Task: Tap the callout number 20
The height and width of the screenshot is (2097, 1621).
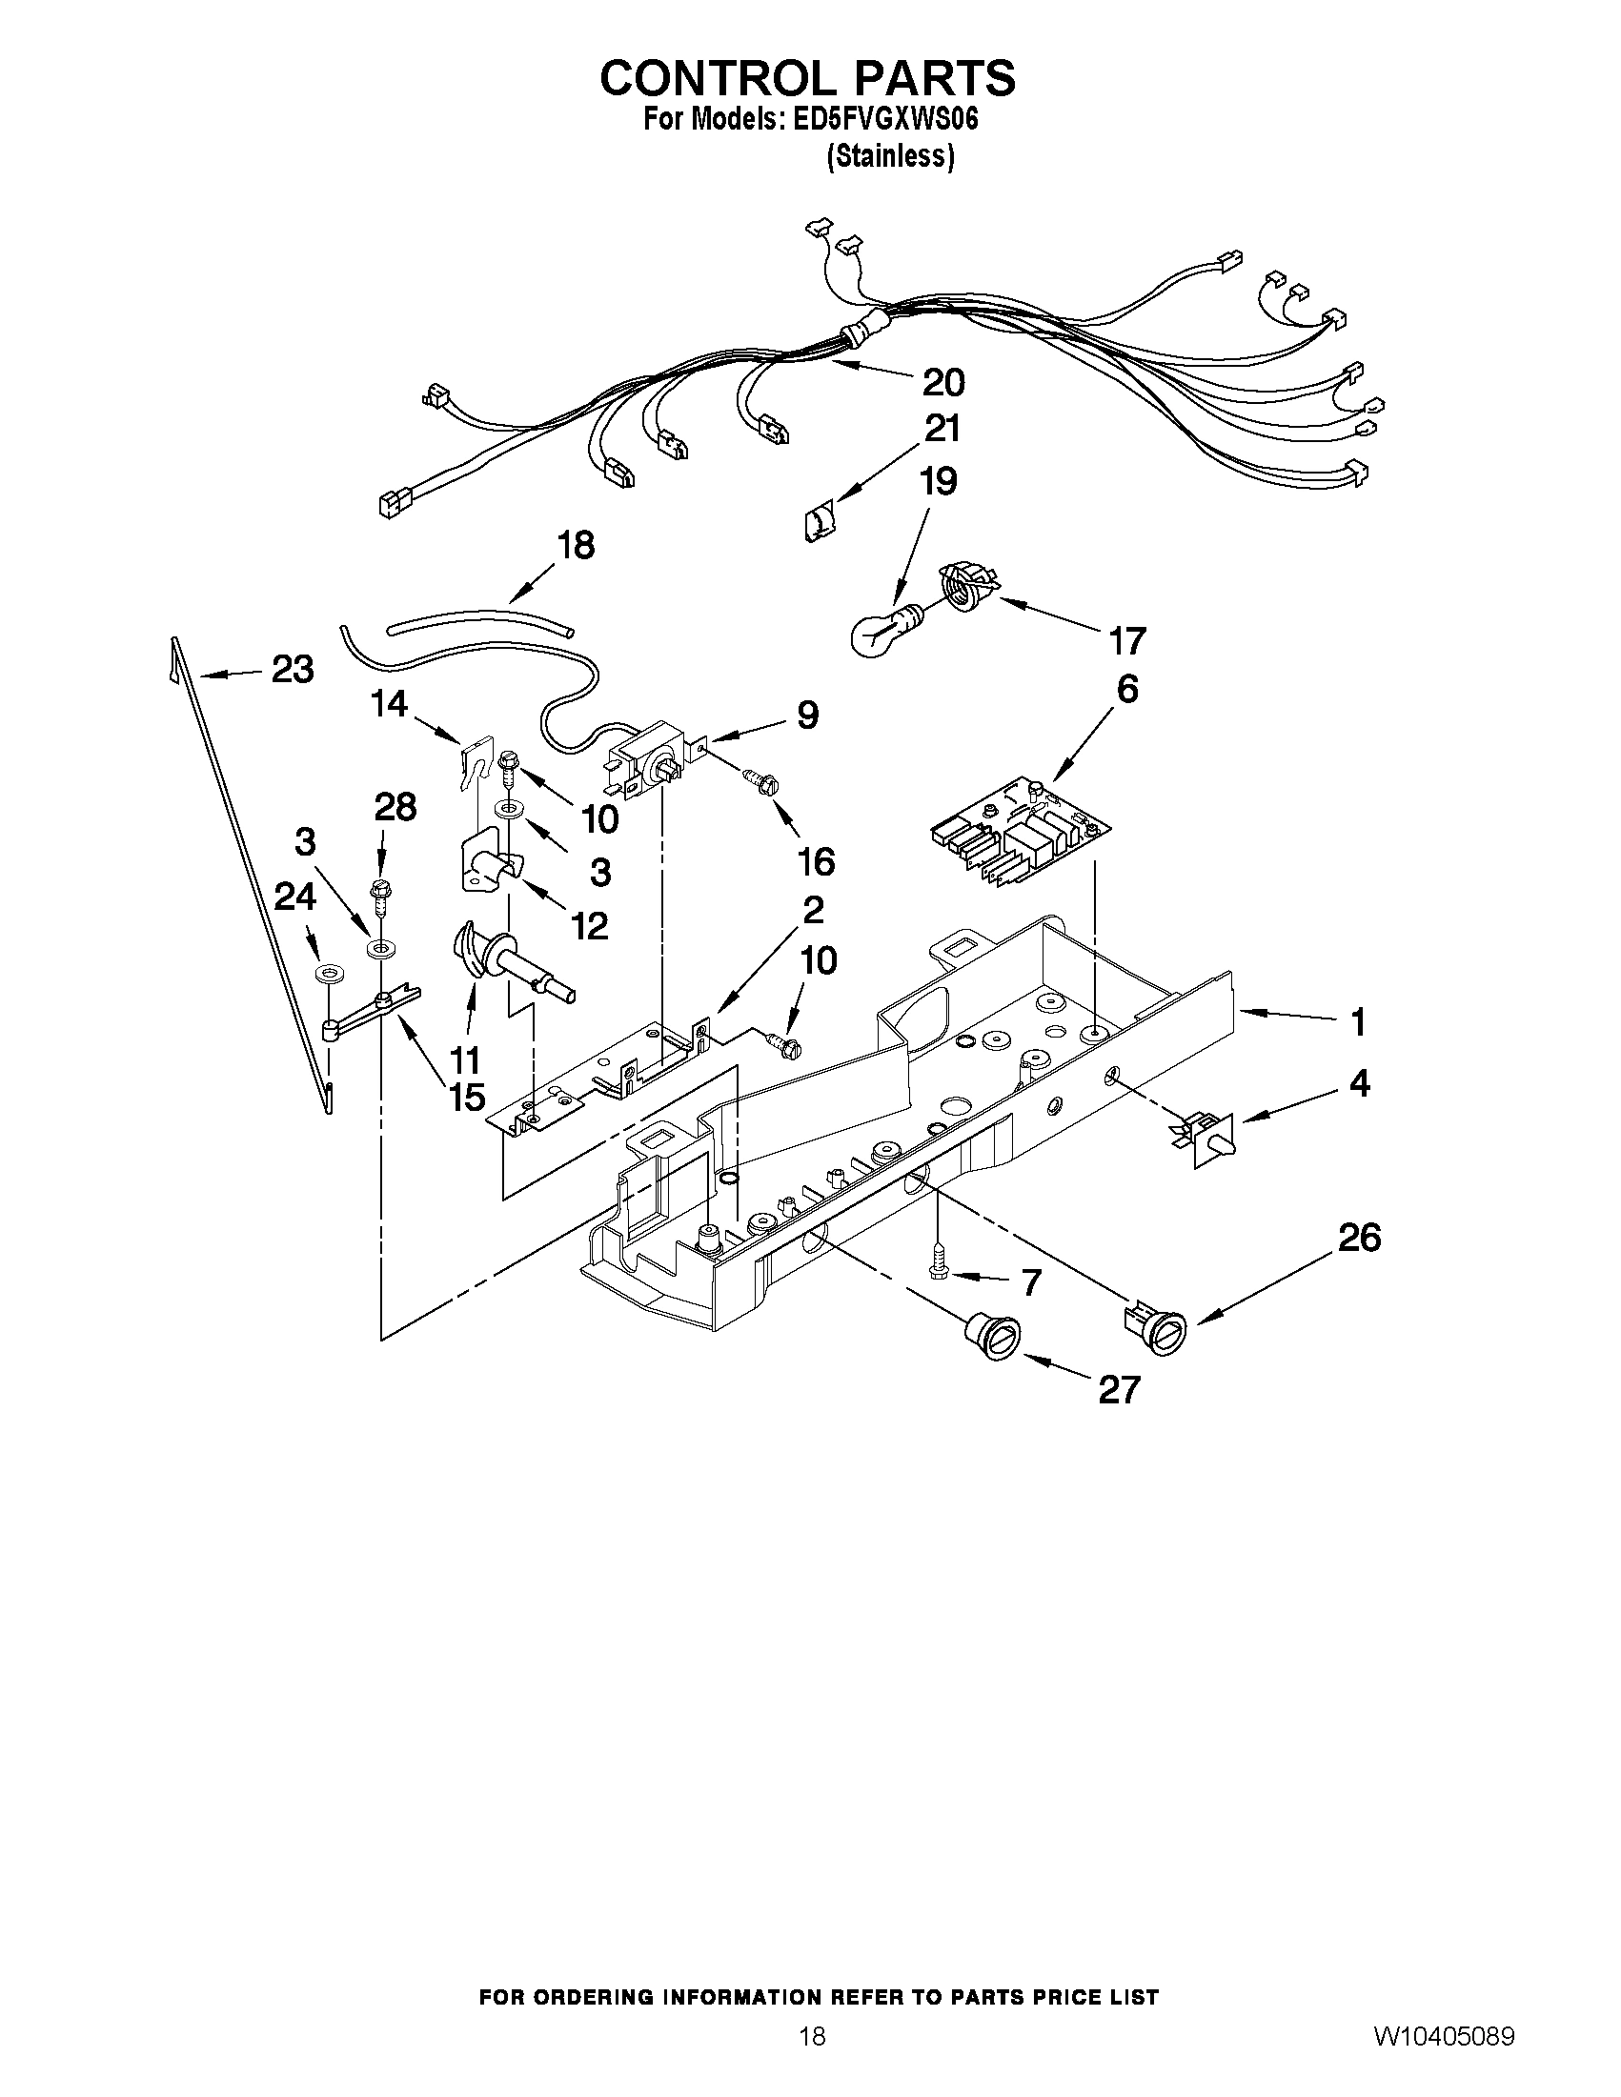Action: tap(942, 382)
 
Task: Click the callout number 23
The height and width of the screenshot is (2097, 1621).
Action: tap(292, 669)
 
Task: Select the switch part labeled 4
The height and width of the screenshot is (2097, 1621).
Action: tap(1205, 1139)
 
